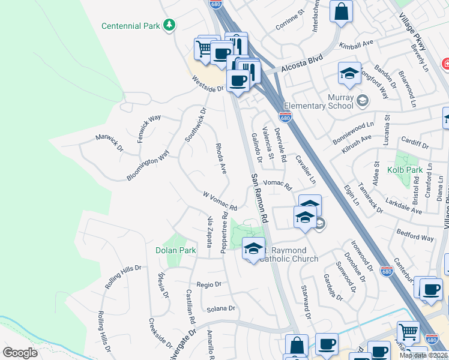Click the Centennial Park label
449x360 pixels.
[x=131, y=26]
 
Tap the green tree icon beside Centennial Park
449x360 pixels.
[x=170, y=25]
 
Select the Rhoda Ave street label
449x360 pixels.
[x=220, y=158]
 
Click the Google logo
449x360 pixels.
[x=20, y=352]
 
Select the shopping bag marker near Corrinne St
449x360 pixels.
[x=341, y=12]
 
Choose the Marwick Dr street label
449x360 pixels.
[x=109, y=142]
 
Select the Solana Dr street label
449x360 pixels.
[x=221, y=308]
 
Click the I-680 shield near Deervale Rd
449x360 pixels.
[x=285, y=117]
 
